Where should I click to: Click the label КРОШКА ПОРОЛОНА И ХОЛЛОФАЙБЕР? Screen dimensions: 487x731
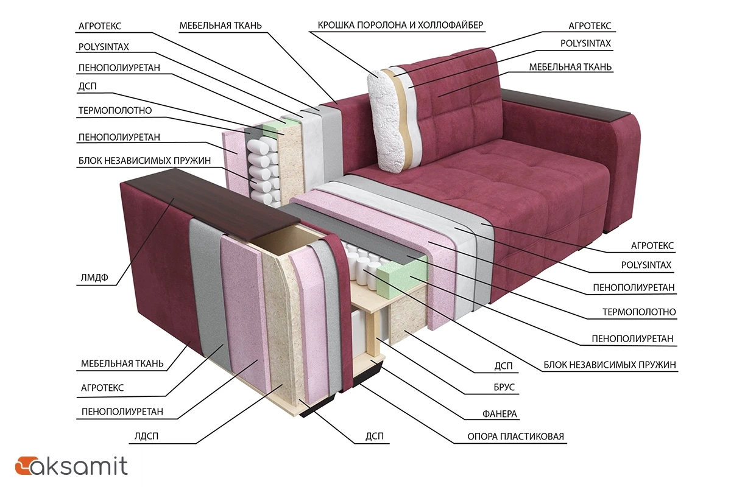[x=401, y=26]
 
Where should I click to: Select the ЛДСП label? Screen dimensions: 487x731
[x=147, y=436]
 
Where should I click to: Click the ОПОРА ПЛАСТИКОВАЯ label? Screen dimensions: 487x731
[x=515, y=436]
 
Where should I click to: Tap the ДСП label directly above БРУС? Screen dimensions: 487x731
[x=503, y=366]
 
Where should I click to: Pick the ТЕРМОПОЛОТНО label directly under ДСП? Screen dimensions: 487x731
[x=115, y=111]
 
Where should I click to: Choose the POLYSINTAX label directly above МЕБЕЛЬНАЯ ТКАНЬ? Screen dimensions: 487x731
[x=585, y=43]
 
